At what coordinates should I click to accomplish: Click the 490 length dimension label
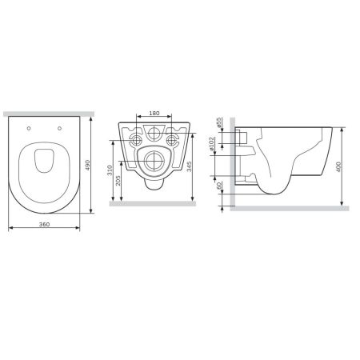click(99, 164)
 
